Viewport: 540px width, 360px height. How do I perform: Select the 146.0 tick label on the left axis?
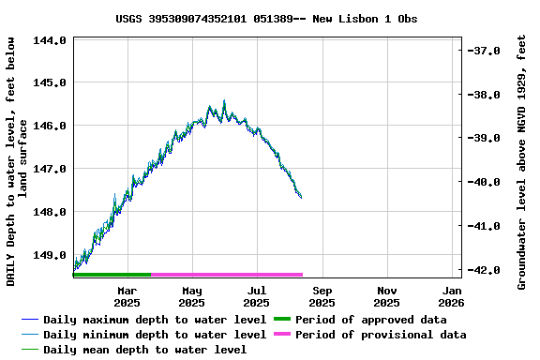49,126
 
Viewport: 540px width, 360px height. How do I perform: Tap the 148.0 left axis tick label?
49,212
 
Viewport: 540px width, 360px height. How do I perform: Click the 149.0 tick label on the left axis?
49,255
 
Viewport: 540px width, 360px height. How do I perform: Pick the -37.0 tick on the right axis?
487,51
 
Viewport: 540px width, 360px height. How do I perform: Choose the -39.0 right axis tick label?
487,138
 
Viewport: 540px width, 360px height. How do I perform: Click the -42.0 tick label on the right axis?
487,270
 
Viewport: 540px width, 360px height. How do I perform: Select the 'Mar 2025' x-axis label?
127,296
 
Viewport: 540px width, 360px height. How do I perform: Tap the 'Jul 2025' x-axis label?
256,296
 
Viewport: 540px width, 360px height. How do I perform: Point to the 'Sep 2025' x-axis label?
322,296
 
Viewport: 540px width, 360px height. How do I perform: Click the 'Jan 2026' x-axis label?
451,296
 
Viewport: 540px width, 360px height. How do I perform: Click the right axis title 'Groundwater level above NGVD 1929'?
522,161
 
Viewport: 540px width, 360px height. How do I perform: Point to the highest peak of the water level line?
224,101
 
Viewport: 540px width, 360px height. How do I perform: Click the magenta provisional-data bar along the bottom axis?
227,275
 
